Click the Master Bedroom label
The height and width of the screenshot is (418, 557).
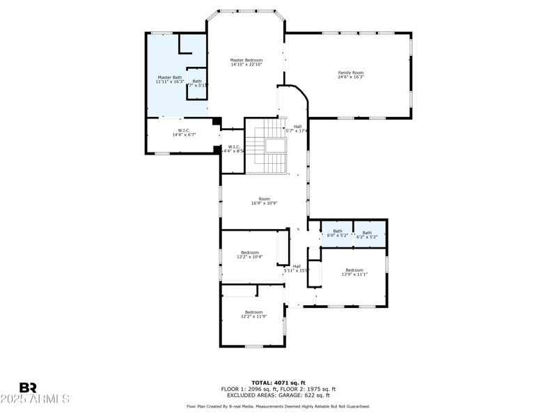coord(246,61)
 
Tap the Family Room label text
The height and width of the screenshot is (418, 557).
coord(351,72)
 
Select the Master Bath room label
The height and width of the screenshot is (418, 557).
coord(169,77)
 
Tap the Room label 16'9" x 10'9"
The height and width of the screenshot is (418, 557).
coord(265,201)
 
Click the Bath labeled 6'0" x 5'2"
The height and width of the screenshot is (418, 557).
coord(338,233)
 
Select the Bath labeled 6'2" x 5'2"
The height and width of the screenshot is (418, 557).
coord(367,233)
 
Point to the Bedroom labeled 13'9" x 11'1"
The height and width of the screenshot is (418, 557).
coord(354,272)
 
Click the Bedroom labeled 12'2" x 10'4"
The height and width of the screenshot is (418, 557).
coord(250,254)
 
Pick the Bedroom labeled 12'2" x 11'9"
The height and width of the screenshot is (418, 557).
coord(253,314)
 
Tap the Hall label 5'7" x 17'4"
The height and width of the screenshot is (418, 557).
coord(297,129)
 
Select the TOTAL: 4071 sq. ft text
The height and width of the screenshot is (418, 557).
coord(278,382)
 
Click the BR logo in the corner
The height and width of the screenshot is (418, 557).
coord(28,387)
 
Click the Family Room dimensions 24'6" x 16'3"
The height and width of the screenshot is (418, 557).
coord(351,77)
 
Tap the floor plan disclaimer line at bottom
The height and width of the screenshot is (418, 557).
coord(278,406)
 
